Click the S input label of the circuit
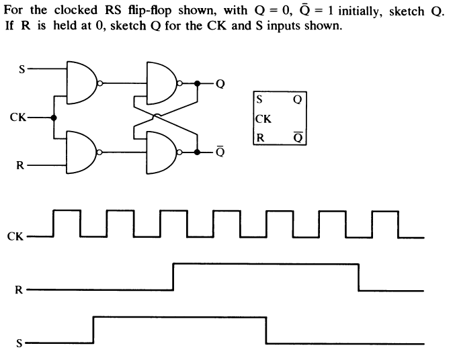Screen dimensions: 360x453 click(22, 68)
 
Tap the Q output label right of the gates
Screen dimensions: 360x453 click(220, 85)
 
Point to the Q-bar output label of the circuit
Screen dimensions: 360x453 click(220, 152)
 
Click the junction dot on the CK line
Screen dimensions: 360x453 click(54, 118)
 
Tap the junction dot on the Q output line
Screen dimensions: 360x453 click(197, 83)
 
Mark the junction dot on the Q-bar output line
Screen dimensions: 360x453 click(197, 152)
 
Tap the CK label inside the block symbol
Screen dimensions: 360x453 click(264, 120)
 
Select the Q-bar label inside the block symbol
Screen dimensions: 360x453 click(297, 138)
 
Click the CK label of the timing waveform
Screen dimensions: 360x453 click(15, 237)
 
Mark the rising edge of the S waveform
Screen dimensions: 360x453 click(93, 330)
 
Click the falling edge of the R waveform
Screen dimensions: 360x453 click(359, 277)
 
